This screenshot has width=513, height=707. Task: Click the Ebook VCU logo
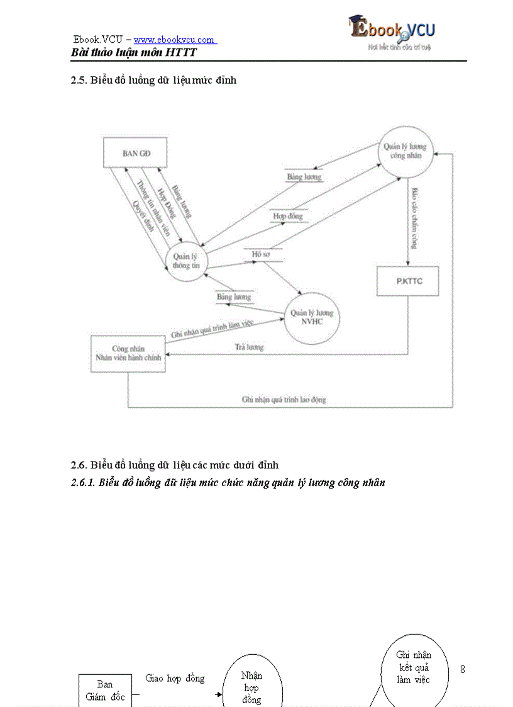pos(392,32)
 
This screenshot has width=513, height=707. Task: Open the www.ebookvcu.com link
pos(174,40)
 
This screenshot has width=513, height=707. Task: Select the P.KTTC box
pos(408,281)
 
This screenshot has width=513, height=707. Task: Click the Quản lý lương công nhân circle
pos(405,151)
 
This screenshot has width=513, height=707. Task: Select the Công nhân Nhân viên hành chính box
pos(128,353)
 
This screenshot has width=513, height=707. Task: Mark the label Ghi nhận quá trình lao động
pos(284,400)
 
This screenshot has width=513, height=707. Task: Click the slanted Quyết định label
pos(143,217)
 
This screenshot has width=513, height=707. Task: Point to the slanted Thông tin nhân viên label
pos(153,208)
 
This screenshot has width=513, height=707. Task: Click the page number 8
pos(463,669)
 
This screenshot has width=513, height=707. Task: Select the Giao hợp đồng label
pos(175,679)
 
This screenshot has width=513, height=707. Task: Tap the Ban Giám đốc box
pos(105,690)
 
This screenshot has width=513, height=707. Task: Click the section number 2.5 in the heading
pos(79,81)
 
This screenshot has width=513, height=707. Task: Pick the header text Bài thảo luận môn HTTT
pos(134,53)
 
